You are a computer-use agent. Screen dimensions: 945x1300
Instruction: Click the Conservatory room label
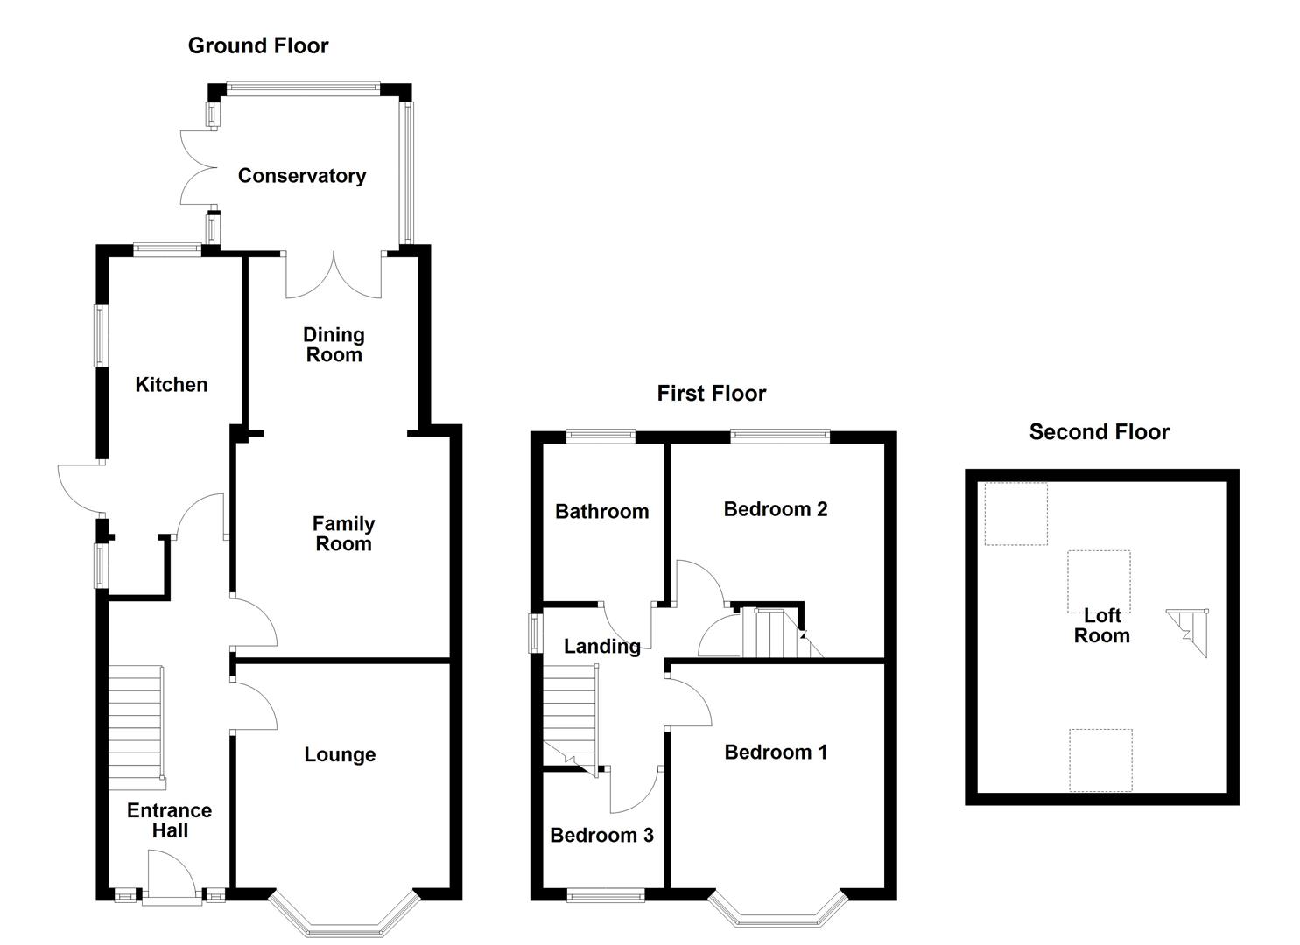point(302,176)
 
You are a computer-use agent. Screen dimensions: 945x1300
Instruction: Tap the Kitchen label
point(172,385)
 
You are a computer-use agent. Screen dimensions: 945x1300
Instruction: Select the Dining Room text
point(334,345)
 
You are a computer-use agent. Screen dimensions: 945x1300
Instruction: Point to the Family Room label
point(343,534)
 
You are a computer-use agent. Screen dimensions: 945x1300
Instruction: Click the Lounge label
point(340,755)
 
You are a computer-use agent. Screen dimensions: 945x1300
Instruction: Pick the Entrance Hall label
point(169,821)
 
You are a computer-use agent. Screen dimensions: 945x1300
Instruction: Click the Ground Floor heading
point(258,46)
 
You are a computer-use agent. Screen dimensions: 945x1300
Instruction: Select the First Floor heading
point(711,394)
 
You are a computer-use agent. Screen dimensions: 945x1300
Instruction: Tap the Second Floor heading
point(1099,432)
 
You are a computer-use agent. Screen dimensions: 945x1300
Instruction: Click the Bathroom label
point(602,512)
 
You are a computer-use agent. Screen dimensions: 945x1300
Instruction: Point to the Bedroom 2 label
point(776,509)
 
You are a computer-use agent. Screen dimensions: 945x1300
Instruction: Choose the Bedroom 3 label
point(601,836)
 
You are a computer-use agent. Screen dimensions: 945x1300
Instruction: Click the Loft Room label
point(1101,626)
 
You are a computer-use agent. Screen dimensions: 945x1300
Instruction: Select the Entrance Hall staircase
point(136,720)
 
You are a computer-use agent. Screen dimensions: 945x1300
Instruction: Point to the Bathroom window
point(601,436)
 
